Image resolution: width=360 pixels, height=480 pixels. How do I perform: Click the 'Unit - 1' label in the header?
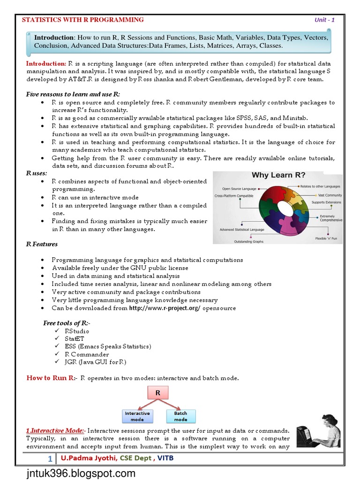324,20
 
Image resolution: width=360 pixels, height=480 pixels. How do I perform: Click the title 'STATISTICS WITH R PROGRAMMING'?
83,20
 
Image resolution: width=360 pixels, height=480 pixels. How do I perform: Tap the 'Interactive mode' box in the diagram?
137,416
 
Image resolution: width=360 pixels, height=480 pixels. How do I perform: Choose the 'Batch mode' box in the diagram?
180,416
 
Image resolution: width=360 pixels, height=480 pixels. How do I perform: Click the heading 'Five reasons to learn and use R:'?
73,94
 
